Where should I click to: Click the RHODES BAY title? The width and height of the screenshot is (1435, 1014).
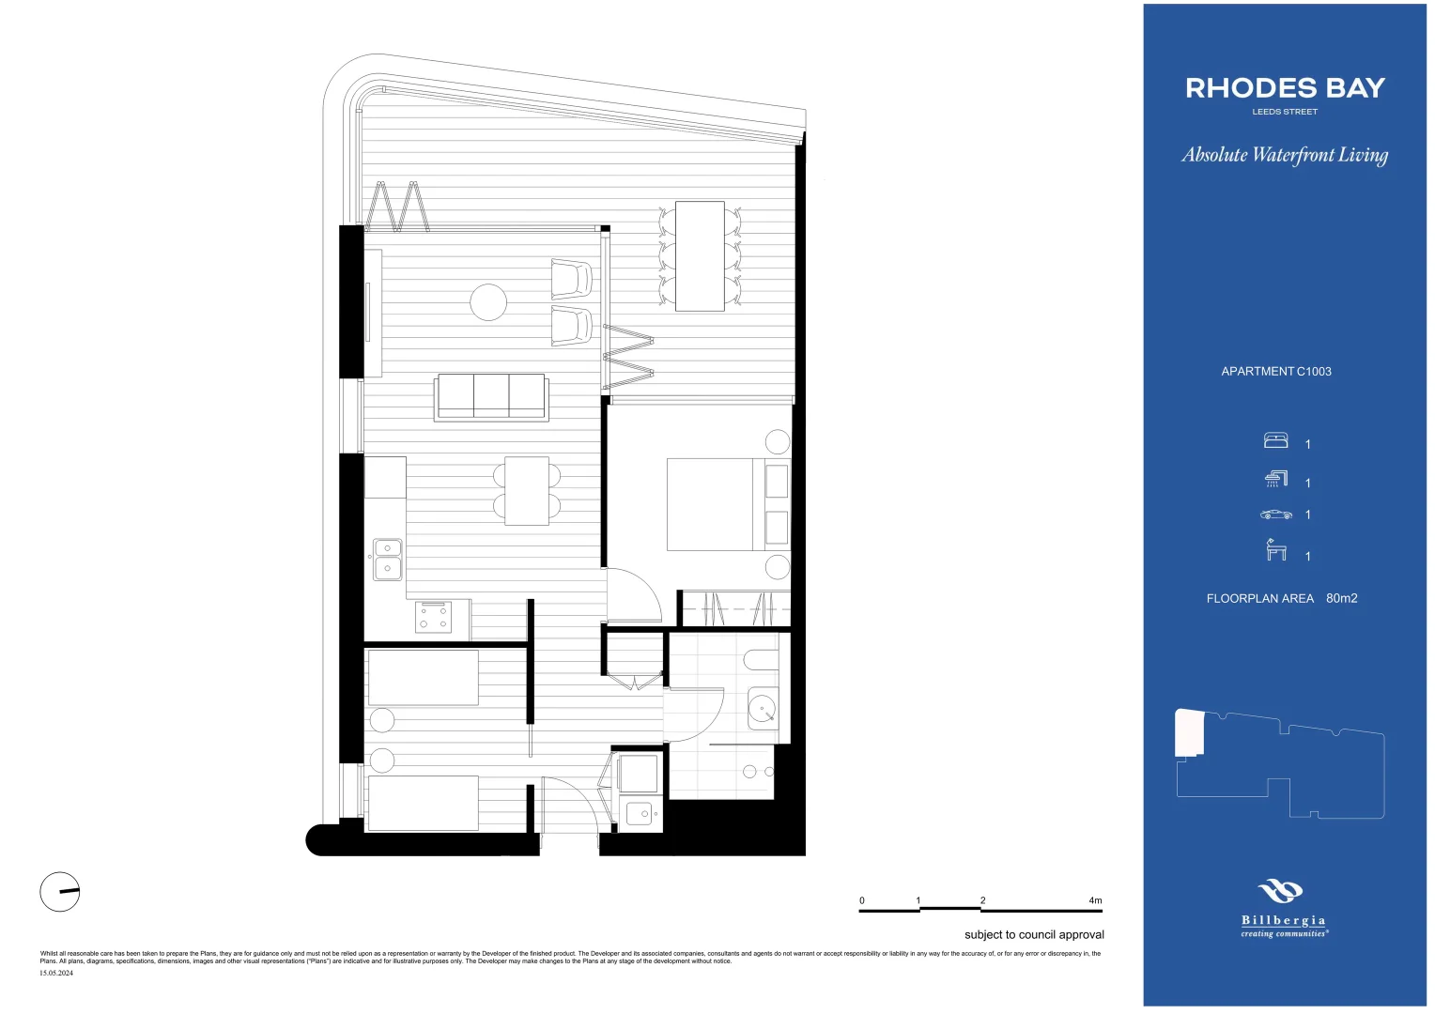[x=1285, y=88]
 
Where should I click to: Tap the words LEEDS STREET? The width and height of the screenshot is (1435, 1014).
[x=1285, y=112]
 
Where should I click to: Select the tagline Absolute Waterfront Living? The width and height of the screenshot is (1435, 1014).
[x=1285, y=155]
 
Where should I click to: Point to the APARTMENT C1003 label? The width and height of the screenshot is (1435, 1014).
[x=1275, y=372]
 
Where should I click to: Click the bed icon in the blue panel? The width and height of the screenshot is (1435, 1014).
[x=1275, y=440]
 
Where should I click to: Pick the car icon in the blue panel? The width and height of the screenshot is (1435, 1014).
[x=1275, y=515]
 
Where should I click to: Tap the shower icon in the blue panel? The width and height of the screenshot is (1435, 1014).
[x=1275, y=480]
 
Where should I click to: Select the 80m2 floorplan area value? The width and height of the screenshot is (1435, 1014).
[x=1341, y=599]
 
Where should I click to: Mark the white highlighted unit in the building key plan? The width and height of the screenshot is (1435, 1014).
[x=1189, y=733]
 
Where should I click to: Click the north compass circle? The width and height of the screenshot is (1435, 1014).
[x=60, y=891]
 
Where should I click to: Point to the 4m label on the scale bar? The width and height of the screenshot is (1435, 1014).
[x=1095, y=900]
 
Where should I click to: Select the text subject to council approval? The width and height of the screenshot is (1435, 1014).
[x=1034, y=935]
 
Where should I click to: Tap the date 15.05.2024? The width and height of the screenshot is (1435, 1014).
[x=56, y=974]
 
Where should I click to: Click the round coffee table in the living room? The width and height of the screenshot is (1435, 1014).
[x=488, y=302]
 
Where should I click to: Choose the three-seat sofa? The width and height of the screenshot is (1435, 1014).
[x=491, y=396]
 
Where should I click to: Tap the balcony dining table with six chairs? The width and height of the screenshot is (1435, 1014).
[x=700, y=255]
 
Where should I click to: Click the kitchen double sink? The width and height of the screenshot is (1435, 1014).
[x=388, y=559]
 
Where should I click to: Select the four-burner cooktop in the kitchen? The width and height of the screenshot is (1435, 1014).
[x=433, y=617]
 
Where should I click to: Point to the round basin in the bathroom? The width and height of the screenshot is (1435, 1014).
[x=762, y=707]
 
